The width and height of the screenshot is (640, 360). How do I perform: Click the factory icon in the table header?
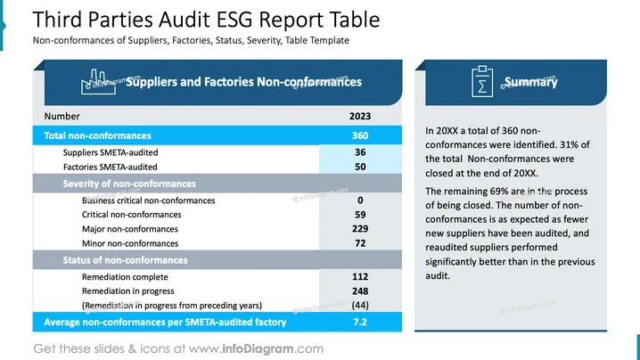(98, 82)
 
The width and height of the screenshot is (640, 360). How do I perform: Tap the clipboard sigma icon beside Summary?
(482, 82)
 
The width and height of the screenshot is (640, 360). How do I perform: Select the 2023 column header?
(360, 117)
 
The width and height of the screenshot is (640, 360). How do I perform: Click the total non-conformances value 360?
(360, 135)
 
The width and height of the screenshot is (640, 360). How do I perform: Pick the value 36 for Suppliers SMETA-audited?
(360, 152)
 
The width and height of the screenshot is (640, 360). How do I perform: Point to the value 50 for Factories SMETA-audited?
(360, 167)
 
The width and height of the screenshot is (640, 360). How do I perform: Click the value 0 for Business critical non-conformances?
(360, 200)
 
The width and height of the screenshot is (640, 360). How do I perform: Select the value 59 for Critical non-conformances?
(360, 215)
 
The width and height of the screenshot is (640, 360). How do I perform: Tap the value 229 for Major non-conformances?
(360, 229)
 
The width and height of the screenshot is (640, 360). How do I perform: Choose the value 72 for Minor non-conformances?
(360, 243)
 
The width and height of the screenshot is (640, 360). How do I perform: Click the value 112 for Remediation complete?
(360, 277)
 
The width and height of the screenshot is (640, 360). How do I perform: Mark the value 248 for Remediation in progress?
(360, 291)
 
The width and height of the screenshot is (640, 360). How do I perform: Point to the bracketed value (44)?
(360, 306)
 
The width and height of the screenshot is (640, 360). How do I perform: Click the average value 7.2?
(360, 322)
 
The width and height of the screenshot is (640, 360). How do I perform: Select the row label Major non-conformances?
(130, 229)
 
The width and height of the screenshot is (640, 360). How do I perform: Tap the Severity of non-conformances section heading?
(129, 184)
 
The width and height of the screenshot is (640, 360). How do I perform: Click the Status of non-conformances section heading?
(126, 260)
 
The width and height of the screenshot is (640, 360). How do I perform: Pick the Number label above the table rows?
(62, 117)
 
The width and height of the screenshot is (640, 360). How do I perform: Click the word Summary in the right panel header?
(530, 82)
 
